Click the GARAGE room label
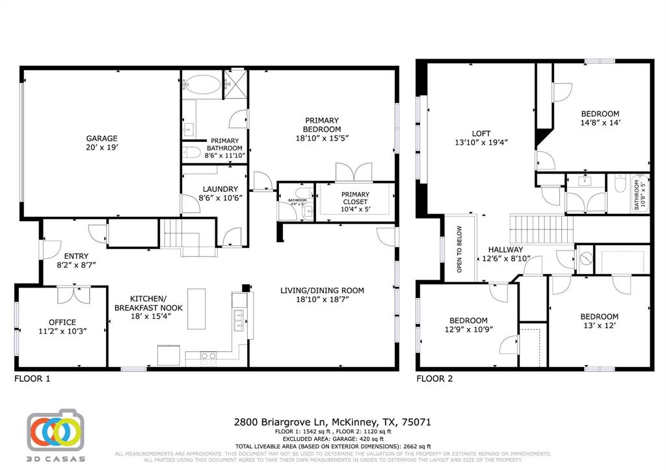102,138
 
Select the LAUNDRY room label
215,189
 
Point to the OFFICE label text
62,322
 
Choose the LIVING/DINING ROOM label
322,290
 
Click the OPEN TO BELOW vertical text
459,249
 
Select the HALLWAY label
505,249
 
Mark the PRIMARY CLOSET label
355,195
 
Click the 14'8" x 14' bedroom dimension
601,122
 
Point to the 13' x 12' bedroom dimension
599,325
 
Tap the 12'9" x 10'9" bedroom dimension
468,329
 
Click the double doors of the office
73,294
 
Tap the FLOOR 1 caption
33,378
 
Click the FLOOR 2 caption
434,378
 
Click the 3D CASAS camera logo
56,431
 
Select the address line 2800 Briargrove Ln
332,422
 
